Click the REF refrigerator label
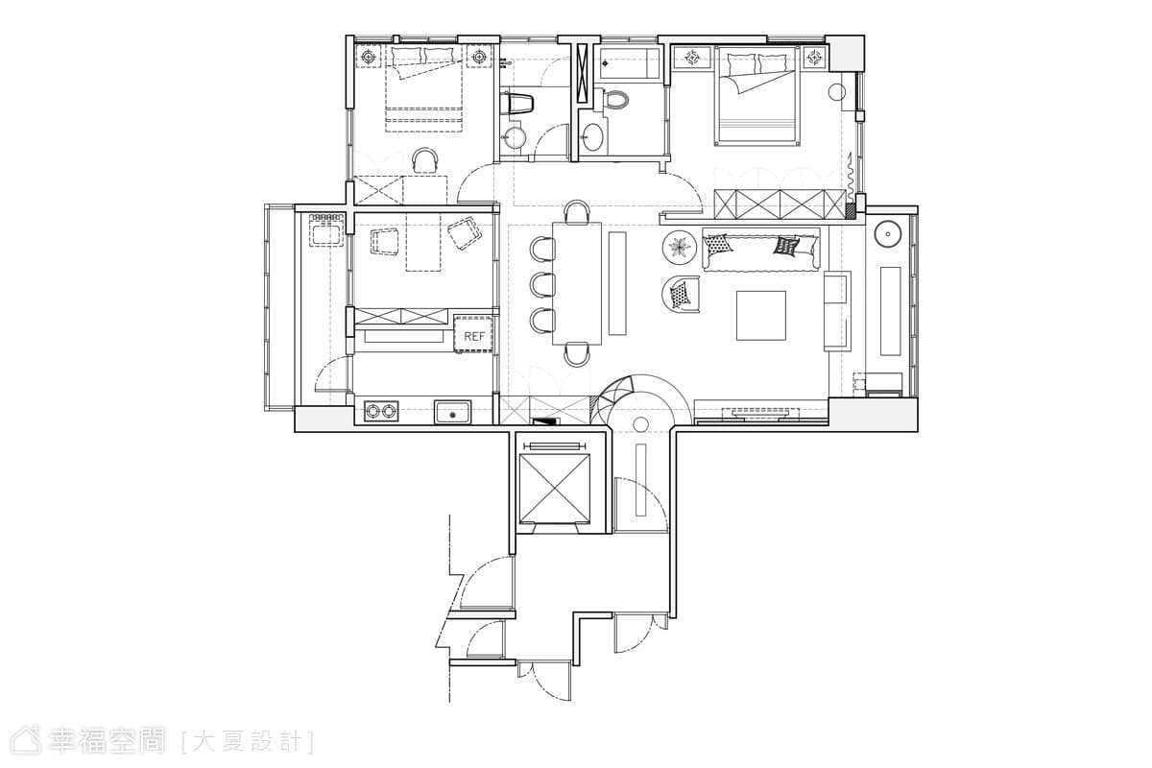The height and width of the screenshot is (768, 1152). tap(474, 336)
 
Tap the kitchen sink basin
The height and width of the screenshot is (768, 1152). tap(452, 412)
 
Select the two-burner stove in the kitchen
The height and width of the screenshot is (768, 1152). tap(381, 411)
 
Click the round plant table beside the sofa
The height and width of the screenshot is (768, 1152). tap(680, 248)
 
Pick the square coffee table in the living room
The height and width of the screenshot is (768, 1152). tap(760, 315)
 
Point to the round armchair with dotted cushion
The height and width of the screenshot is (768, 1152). tap(680, 294)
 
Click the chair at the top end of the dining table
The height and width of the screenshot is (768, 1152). tap(577, 212)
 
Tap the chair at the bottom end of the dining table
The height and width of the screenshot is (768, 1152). tap(577, 354)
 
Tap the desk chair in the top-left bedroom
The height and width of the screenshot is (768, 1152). tap(426, 160)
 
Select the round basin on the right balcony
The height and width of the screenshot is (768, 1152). tap(888, 235)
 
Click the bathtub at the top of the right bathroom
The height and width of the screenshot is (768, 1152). tap(630, 63)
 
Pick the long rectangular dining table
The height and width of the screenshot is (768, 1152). tap(577, 283)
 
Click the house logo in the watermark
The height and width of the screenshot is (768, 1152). tap(27, 741)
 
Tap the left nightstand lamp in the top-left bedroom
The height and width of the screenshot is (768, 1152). tap(369, 56)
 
